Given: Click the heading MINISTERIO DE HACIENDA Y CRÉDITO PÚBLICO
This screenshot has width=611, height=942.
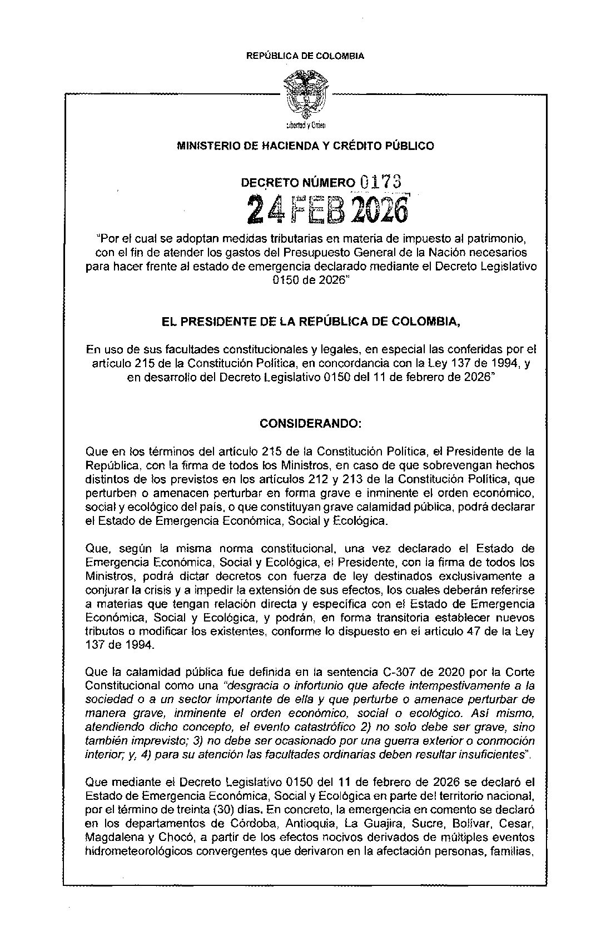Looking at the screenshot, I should pos(305,146).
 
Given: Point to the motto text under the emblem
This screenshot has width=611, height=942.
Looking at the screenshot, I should pos(305,125).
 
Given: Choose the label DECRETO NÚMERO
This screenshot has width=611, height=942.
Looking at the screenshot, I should pos(296,182).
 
